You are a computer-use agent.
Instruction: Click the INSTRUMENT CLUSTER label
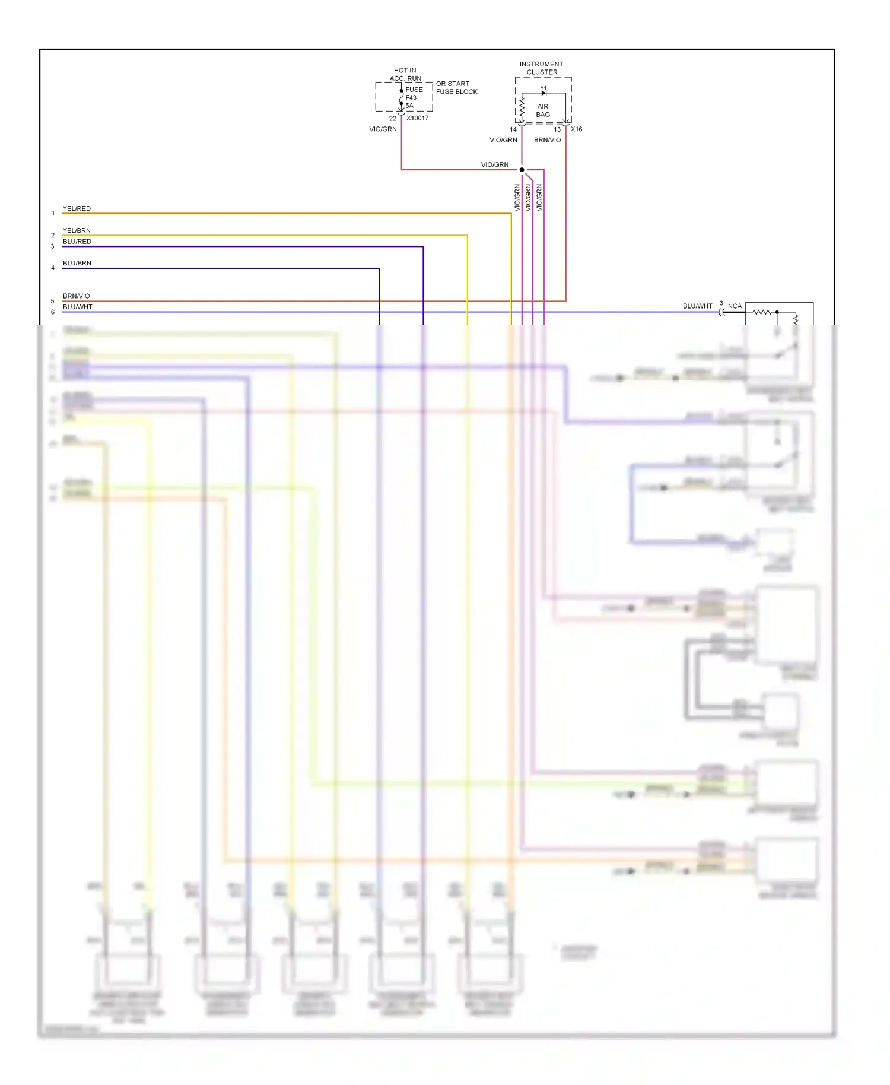[x=541, y=68]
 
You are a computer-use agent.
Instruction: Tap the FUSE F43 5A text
[x=414, y=97]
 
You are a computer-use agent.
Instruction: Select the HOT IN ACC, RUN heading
[x=405, y=74]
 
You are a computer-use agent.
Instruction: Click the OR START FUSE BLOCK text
[x=456, y=88]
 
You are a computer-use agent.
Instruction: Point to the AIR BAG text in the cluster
[x=543, y=110]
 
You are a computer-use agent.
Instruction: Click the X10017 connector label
[x=417, y=118]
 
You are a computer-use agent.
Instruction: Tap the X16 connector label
[x=576, y=129]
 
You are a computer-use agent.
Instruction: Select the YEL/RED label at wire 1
[x=77, y=208]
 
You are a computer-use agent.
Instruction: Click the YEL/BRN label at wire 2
[x=77, y=230]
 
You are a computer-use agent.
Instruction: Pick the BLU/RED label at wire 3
[x=77, y=242]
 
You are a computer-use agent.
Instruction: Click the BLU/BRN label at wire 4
[x=77, y=263]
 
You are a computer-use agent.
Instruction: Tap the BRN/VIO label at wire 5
[x=76, y=296]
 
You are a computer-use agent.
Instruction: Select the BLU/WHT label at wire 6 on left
[x=77, y=307]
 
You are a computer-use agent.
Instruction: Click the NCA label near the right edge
[x=735, y=306]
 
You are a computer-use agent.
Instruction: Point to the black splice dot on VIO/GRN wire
[x=522, y=170]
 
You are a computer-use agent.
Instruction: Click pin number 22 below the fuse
[x=392, y=118]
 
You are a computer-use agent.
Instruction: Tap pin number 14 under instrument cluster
[x=513, y=129]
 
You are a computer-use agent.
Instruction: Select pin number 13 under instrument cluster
[x=557, y=129]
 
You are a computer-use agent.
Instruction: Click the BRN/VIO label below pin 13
[x=547, y=140]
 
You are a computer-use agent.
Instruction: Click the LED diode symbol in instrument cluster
[x=543, y=93]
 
